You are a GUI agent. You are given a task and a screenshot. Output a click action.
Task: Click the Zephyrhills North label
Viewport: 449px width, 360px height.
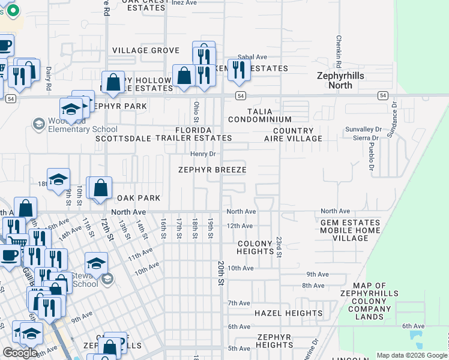click(334, 80)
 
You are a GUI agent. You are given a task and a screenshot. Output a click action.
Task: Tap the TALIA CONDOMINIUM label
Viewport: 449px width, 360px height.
click(268, 116)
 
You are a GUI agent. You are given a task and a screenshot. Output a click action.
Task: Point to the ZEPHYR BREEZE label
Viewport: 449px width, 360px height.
click(212, 170)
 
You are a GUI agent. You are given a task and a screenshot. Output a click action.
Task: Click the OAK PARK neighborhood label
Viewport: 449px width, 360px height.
click(139, 198)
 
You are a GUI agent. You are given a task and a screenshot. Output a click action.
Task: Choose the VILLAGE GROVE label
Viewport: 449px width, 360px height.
click(145, 50)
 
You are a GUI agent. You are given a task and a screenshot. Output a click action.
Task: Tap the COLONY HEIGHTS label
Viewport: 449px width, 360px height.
click(256, 248)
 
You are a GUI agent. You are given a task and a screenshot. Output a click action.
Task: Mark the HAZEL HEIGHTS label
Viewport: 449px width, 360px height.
click(288, 313)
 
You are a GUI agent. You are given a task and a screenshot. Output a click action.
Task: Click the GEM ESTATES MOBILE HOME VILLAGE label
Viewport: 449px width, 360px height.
click(351, 230)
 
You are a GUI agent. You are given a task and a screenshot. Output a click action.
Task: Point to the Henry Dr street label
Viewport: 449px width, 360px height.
click(203, 154)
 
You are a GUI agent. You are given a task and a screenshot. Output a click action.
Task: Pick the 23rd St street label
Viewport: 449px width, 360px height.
click(279, 246)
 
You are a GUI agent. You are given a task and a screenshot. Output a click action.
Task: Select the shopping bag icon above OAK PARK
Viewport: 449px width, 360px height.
click(101, 187)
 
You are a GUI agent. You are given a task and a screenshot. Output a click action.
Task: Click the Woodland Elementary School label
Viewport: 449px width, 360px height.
click(75, 125)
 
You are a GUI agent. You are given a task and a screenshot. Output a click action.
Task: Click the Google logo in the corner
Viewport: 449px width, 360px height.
click(20, 353)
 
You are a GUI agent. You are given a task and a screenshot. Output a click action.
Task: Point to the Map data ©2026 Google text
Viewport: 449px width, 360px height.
click(412, 355)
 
